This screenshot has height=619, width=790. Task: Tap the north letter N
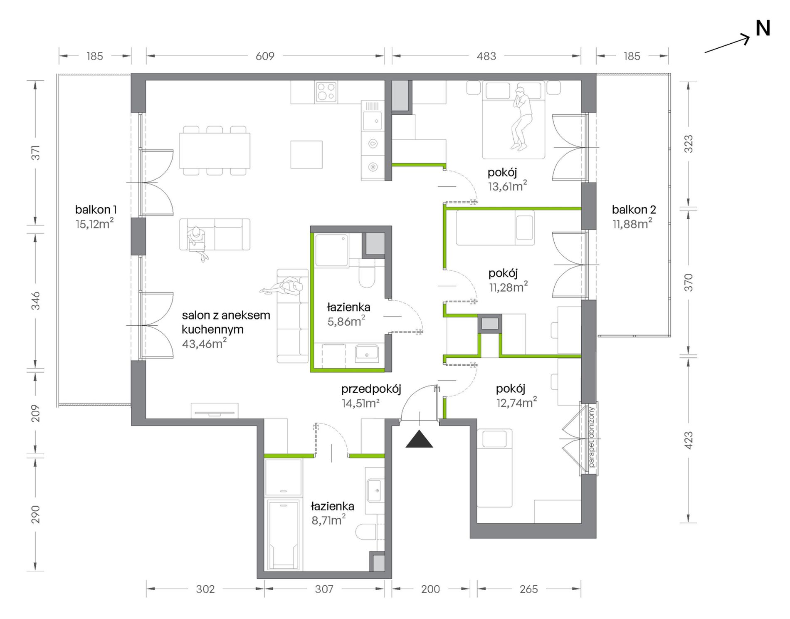(763, 29)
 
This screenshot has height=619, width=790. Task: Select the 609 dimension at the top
(265, 56)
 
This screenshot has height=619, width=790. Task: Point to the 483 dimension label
(486, 56)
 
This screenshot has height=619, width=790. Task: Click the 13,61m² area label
(508, 186)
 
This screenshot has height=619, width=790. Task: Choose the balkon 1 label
(96, 209)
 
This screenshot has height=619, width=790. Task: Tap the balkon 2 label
(634, 210)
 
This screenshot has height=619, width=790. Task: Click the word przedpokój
(371, 389)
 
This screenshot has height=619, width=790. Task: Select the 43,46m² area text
(204, 343)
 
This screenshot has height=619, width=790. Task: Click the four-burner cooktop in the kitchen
(326, 92)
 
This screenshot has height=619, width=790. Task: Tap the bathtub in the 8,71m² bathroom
(283, 535)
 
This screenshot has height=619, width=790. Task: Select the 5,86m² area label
(346, 321)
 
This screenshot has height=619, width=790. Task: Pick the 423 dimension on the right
(689, 441)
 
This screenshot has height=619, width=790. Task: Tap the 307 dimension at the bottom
(324, 589)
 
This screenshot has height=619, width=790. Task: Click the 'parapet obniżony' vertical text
(592, 437)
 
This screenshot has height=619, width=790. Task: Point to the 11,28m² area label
(509, 287)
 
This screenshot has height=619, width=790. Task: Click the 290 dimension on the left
(36, 514)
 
